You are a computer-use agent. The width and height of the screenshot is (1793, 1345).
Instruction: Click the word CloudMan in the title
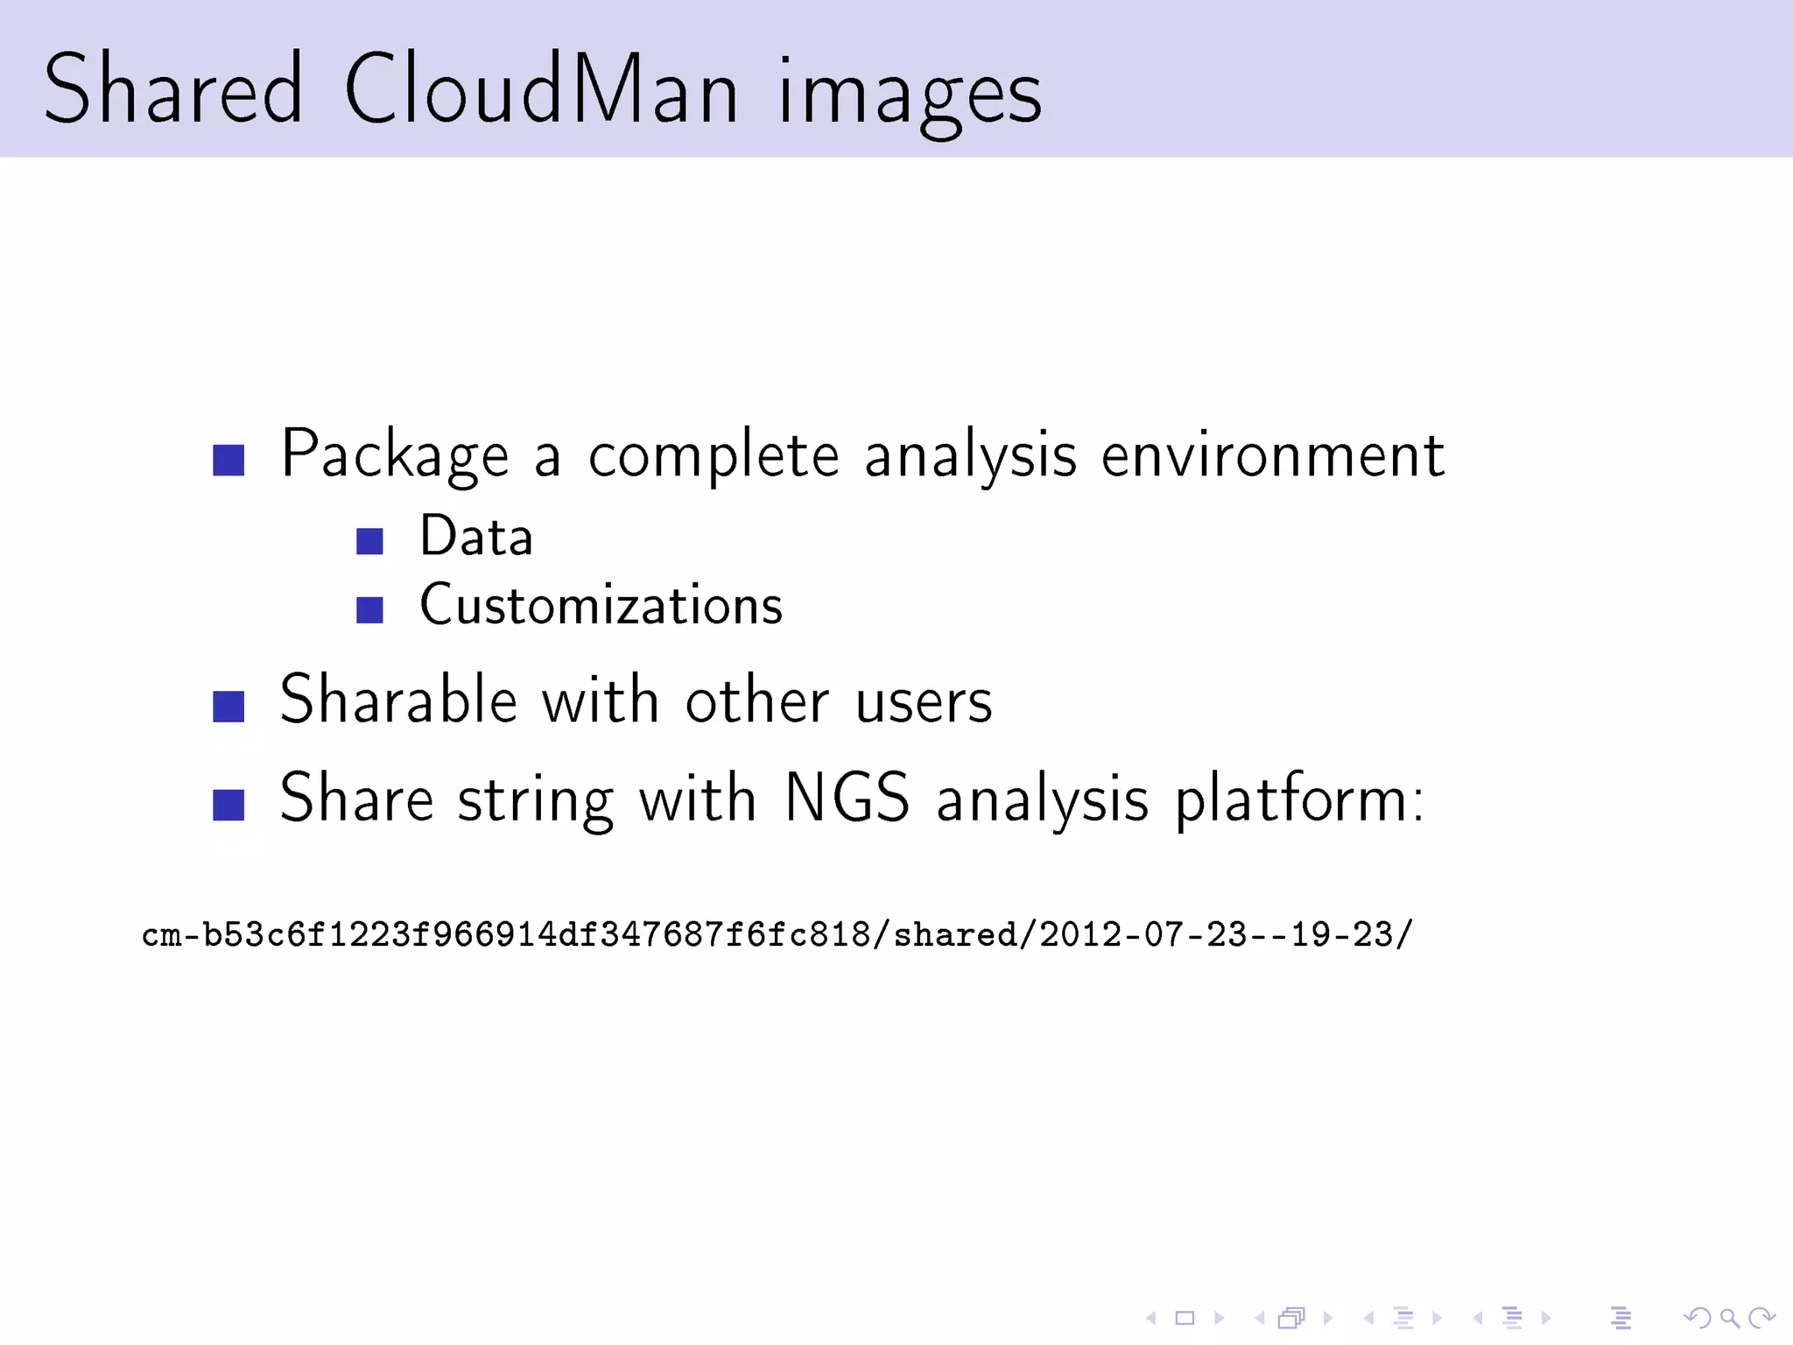[541, 89]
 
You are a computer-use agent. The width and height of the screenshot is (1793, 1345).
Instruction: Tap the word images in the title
[911, 92]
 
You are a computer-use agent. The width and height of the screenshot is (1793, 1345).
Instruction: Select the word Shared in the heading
[173, 89]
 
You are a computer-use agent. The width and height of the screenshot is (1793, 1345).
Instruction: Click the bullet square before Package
[229, 460]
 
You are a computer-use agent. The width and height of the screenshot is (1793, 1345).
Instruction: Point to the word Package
[394, 455]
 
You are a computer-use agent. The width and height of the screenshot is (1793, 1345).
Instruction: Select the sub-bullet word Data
[476, 536]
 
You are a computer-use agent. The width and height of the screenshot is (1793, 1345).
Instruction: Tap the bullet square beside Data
[370, 541]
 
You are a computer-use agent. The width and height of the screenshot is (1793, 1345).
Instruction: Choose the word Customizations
[601, 605]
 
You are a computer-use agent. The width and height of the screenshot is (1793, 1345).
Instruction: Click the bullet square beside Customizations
[370, 609]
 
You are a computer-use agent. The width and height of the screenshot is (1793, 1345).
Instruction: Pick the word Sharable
[398, 701]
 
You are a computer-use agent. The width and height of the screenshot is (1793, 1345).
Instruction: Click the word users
[924, 702]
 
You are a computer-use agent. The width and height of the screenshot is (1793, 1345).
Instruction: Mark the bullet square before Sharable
[229, 707]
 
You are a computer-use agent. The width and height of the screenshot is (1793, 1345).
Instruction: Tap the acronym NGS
[847, 798]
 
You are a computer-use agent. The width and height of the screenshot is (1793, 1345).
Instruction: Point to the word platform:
[1299, 801]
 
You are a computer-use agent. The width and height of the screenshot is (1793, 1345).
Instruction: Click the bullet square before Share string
[229, 805]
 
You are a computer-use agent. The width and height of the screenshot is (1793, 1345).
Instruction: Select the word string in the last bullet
[536, 801]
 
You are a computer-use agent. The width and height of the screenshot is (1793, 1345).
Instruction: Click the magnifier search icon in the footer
[1729, 1317]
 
